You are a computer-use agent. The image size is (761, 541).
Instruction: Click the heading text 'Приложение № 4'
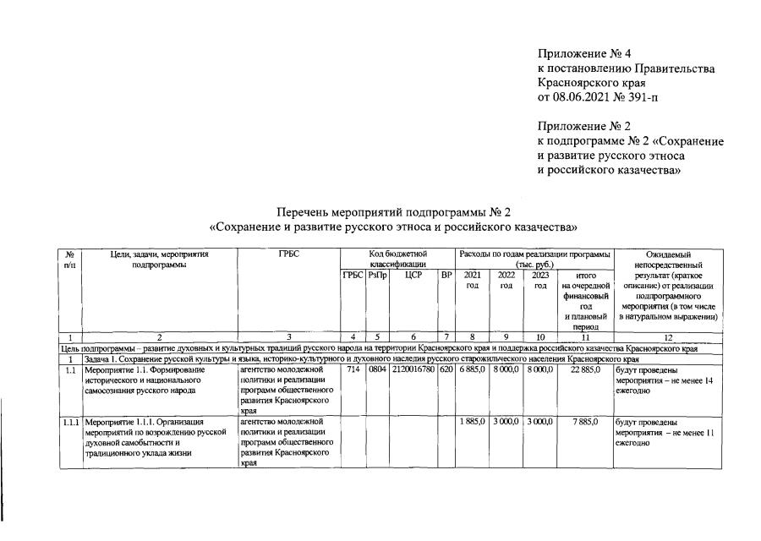click(x=584, y=53)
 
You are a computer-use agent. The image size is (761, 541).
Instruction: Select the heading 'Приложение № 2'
click(x=584, y=126)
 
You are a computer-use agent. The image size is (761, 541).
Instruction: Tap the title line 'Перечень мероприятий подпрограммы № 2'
click(x=394, y=211)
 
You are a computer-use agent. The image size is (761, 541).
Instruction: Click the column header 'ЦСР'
click(x=413, y=275)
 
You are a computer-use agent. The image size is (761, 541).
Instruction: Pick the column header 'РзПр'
click(x=377, y=275)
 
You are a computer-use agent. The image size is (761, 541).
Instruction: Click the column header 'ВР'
click(x=446, y=275)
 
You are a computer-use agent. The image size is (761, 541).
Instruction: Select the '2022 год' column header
click(x=506, y=280)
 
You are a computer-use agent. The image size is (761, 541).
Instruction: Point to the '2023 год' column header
click(x=539, y=280)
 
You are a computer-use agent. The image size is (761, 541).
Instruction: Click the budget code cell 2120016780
click(x=413, y=369)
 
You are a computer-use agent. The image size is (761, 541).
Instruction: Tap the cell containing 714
click(x=353, y=369)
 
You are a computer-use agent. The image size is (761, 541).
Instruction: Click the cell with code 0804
click(x=377, y=369)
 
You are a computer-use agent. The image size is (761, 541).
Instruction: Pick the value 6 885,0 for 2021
click(x=472, y=369)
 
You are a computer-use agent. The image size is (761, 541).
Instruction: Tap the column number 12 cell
click(x=668, y=337)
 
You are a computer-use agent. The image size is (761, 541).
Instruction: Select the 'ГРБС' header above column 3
click(x=288, y=254)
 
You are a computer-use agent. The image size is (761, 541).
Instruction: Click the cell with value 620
click(x=446, y=369)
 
